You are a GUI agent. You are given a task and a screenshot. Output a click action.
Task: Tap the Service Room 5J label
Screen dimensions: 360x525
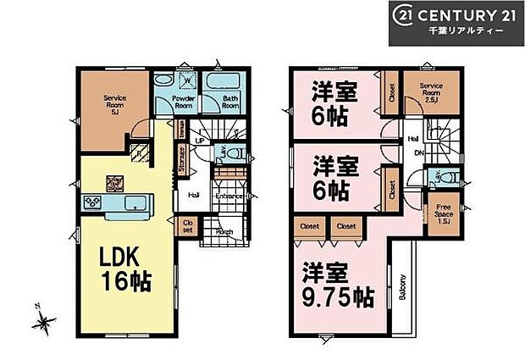click(x=115, y=104)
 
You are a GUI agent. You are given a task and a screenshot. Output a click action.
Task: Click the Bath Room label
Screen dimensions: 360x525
click(x=230, y=102)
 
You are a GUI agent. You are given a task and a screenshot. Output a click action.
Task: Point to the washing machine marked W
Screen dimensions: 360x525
click(x=187, y=82)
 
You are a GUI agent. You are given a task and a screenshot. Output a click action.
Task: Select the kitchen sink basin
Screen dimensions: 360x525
click(x=133, y=204)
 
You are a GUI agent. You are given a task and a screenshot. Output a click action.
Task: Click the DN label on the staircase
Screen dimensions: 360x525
click(x=419, y=153)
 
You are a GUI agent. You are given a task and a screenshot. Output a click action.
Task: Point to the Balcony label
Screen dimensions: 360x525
click(x=402, y=289)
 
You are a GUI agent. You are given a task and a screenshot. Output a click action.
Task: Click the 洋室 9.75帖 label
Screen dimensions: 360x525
click(x=335, y=285)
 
